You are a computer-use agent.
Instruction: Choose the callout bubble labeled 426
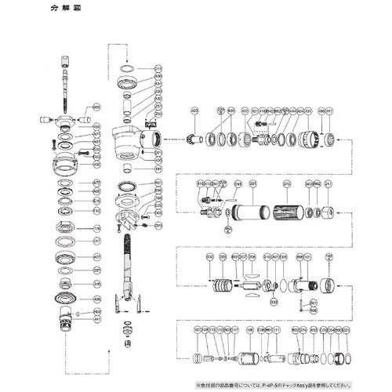pyautogui.click(x=97, y=299)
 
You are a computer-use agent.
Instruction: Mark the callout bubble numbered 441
pyautogui.click(x=97, y=320)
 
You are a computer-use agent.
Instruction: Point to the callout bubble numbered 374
pyautogui.click(x=303, y=331)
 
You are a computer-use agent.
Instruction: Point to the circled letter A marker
pyautogui.click(x=227, y=230)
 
